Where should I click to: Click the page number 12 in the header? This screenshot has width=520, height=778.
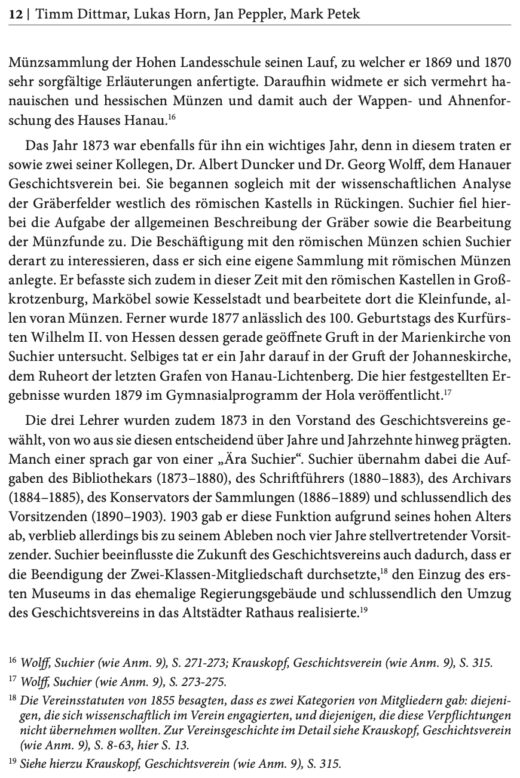[16, 13]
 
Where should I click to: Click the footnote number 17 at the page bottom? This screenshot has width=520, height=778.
[13, 680]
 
